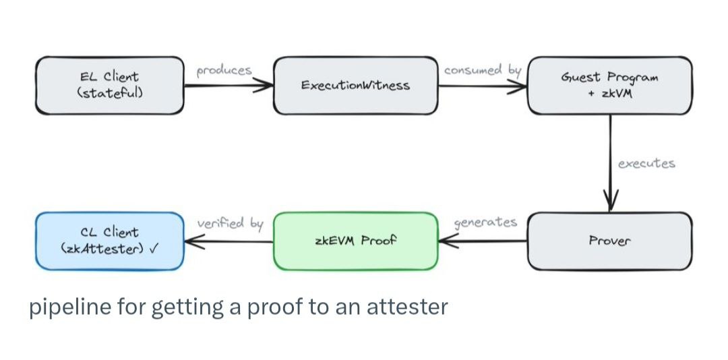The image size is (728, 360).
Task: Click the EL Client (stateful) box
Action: pos(109,85)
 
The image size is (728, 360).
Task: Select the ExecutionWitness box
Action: pos(355,86)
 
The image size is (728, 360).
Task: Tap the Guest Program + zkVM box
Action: pos(609,85)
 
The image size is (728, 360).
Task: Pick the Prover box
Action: pos(609,241)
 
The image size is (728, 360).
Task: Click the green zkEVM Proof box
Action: pos(355,241)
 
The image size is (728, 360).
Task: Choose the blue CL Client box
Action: pos(109,241)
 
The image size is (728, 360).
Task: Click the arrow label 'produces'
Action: pos(224,70)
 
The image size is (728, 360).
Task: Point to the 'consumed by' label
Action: pos(483,69)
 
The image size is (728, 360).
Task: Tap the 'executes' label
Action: pos(646,163)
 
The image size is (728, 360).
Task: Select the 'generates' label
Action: pos(486,222)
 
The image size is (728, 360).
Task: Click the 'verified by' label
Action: pos(230,222)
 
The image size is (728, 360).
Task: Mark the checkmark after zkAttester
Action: pos(154,248)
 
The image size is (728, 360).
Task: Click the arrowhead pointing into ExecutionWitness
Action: pos(267,86)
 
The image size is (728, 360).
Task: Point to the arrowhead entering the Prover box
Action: pos(611,202)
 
